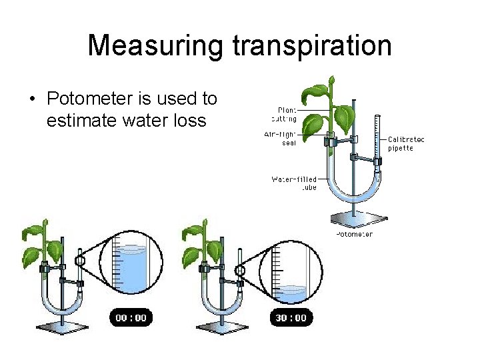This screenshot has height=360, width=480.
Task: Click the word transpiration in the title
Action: point(311,46)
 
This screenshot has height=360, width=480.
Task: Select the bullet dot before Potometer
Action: point(32,100)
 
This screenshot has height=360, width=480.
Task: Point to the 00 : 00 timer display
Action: point(131,318)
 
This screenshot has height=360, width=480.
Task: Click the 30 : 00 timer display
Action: point(291,318)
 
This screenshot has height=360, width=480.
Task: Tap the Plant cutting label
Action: point(287,114)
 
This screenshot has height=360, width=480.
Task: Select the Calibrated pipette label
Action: point(405,143)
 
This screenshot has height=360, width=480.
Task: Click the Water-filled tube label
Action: point(294,183)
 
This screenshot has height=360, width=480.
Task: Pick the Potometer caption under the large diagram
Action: point(354,234)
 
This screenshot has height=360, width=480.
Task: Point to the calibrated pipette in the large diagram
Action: point(377,143)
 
